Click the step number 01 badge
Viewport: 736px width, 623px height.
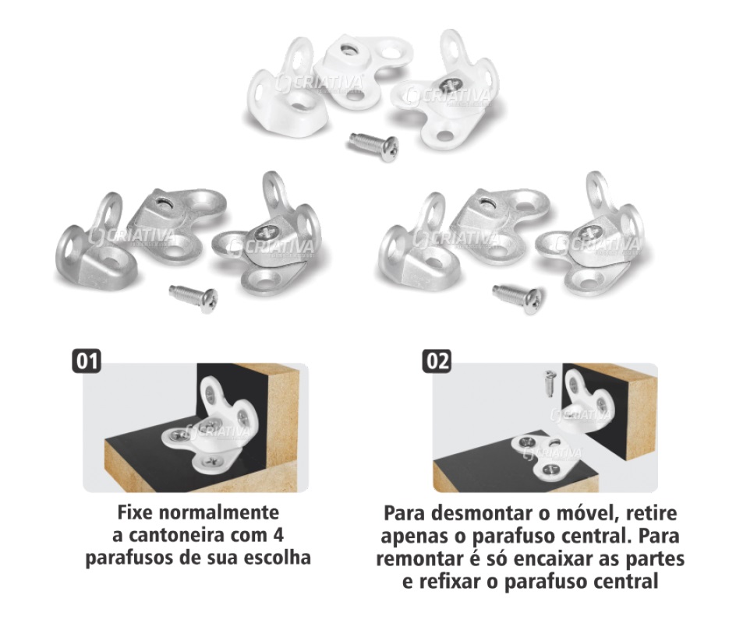coord(87,361)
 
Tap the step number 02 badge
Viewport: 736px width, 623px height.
coord(437,361)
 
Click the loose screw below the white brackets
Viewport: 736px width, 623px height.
coord(374,146)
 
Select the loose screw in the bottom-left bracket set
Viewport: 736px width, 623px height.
coord(193,298)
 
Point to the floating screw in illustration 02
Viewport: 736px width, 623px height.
coord(550,383)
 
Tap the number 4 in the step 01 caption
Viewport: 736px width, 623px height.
coord(278,535)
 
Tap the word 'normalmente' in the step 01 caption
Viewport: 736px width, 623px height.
coord(219,512)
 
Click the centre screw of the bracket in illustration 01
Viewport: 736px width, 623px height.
coord(211,426)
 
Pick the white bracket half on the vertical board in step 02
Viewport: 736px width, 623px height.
coord(587,401)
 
